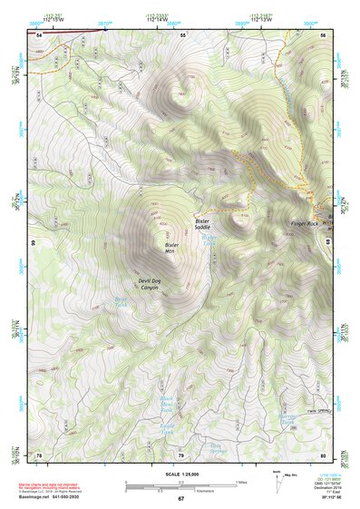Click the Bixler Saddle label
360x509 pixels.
pyautogui.click(x=202, y=223)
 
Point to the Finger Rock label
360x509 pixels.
pyautogui.click(x=305, y=223)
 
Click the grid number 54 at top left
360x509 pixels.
pyautogui.click(x=39, y=34)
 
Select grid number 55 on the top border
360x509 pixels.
pyautogui.click(x=181, y=34)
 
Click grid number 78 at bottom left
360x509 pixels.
pyautogui.click(x=39, y=455)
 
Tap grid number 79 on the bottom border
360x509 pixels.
pyautogui.click(x=180, y=455)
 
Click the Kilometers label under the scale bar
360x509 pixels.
pyautogui.click(x=188, y=488)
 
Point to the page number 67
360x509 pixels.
pyautogui.click(x=180, y=499)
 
